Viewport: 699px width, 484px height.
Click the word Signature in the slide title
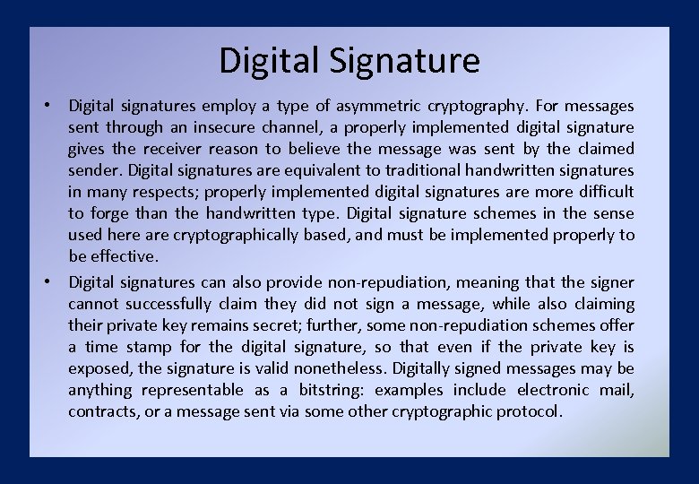[405, 61]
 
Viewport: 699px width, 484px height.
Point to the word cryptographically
[229, 235]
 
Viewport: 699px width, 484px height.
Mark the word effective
[125, 256]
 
